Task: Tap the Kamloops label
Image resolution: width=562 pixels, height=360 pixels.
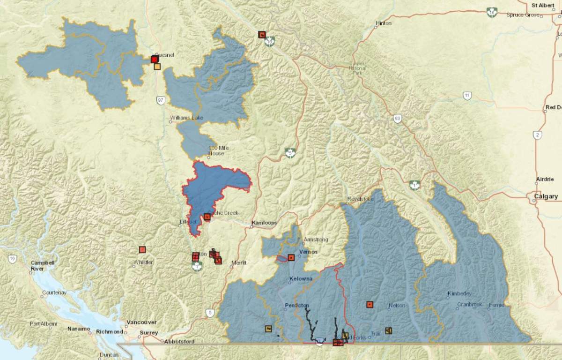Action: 264,223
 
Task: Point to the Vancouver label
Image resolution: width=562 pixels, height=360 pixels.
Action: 141,322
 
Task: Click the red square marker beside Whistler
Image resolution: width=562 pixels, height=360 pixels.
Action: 142,250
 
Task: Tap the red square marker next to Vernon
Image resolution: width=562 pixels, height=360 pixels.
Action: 291,257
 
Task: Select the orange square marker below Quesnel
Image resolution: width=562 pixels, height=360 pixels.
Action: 157,67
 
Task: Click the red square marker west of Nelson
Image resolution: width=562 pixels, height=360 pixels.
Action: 370,305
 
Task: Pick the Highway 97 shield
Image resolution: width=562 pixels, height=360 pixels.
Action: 161,101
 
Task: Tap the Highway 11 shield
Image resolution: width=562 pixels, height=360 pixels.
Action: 467,96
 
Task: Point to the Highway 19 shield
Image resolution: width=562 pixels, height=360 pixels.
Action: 12,258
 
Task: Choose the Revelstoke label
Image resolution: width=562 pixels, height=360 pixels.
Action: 361,199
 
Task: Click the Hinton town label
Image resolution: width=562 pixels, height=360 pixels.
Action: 383,23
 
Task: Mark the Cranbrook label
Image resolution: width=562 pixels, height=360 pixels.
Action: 469,305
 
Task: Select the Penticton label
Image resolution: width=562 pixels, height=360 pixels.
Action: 297,306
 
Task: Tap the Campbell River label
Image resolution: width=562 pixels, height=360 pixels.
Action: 43,266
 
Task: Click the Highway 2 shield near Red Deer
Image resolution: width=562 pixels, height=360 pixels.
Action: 538,135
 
